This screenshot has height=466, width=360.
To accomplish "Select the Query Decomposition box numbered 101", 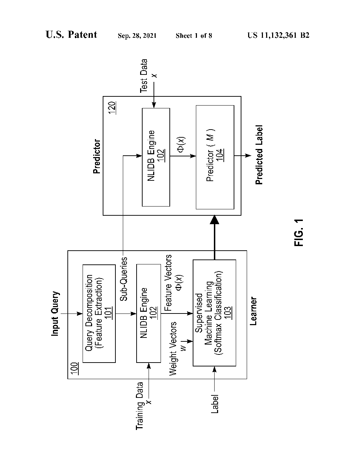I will [x=99, y=313].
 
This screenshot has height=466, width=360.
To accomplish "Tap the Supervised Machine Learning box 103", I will [x=214, y=313].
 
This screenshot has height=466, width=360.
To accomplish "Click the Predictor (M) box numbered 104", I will [x=215, y=157].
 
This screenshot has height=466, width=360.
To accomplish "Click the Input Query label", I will [x=55, y=313].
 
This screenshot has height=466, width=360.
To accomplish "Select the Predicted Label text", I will [x=259, y=155].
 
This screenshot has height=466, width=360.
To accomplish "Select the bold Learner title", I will [x=253, y=311].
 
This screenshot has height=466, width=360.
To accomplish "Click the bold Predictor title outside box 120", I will [x=96, y=157].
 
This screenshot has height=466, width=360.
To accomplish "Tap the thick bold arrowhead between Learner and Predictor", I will [x=214, y=221].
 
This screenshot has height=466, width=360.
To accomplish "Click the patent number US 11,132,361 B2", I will [x=278, y=35].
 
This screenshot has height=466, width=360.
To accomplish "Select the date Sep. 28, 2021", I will [x=137, y=36].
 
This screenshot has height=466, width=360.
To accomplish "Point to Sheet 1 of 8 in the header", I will [x=194, y=36].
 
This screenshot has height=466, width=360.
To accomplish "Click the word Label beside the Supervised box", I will [x=215, y=404].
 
